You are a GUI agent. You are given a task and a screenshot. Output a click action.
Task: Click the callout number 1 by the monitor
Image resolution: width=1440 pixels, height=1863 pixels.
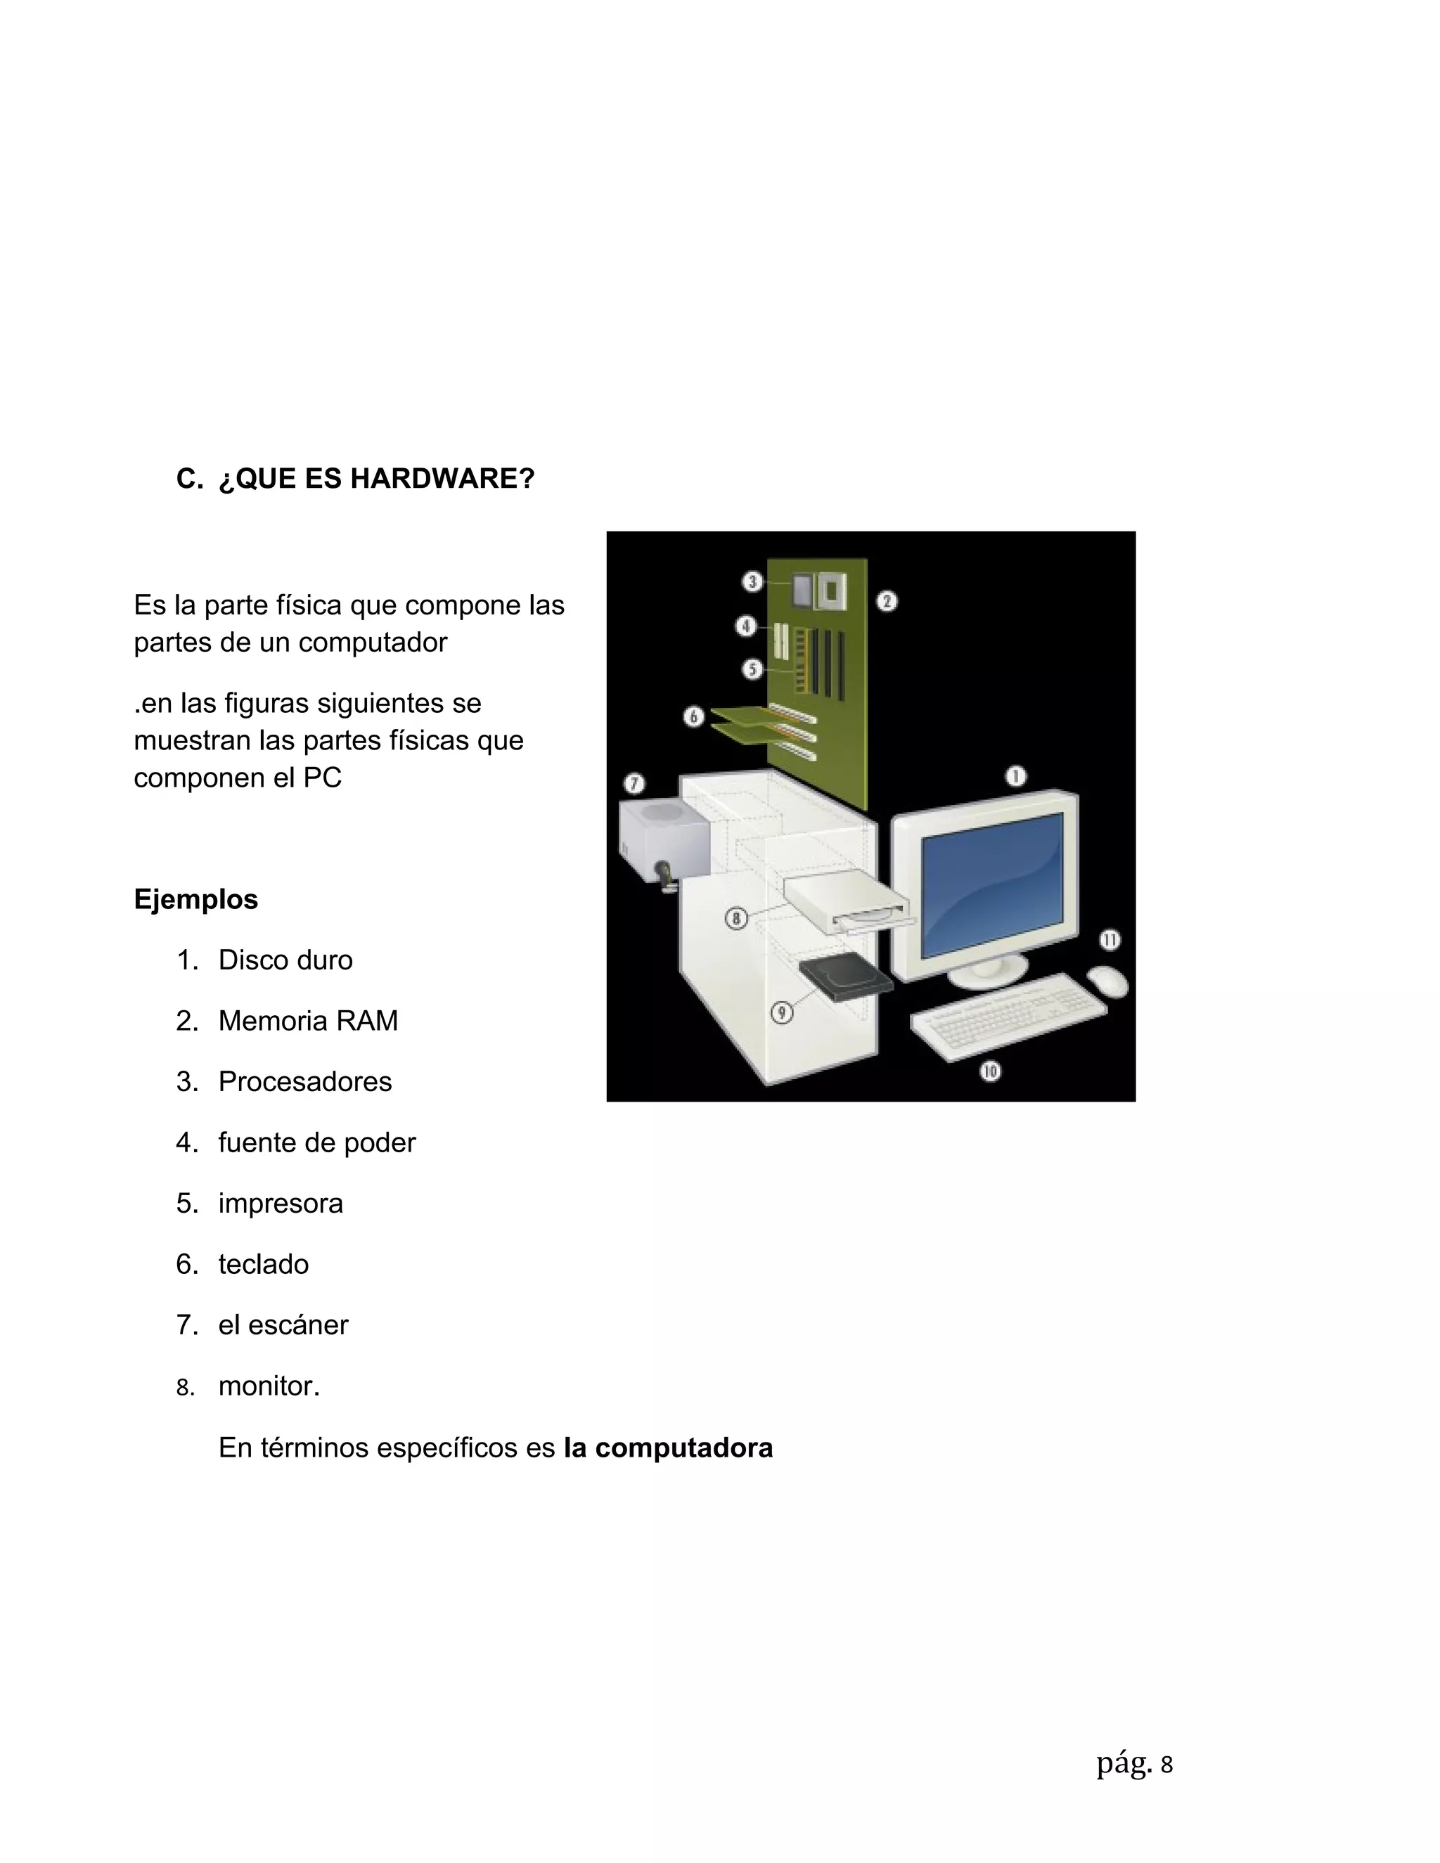click(1015, 776)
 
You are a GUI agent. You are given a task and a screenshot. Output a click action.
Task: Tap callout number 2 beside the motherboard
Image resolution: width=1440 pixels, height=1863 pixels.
click(887, 601)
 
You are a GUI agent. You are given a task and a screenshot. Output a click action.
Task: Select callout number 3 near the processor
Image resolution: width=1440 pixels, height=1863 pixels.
click(752, 582)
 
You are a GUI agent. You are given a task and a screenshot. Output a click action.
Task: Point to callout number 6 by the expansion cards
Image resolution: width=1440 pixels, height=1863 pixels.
click(693, 716)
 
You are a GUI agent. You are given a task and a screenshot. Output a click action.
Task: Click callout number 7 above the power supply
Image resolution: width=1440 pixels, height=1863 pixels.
click(634, 783)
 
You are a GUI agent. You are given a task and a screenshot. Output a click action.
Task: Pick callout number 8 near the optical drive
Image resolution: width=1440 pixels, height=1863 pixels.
click(736, 919)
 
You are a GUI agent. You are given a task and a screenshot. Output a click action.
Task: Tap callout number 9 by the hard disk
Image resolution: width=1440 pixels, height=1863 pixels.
click(781, 1012)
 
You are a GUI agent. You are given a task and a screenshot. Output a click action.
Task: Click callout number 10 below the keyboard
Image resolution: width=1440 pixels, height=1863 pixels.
click(989, 1071)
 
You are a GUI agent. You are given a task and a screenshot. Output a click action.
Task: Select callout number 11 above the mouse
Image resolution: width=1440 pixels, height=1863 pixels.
click(1109, 940)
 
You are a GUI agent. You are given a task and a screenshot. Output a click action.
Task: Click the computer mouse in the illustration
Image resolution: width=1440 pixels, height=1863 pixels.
click(1107, 980)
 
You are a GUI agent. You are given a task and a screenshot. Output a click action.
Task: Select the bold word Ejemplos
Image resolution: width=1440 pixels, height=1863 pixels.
click(195, 899)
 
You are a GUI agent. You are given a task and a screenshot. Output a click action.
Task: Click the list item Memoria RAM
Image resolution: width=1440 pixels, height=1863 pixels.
click(308, 1020)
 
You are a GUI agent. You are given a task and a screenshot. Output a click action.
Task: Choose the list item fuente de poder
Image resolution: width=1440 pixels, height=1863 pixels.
click(316, 1142)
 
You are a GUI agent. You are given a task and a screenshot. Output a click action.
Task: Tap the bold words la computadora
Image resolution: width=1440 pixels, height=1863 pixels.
click(668, 1448)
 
